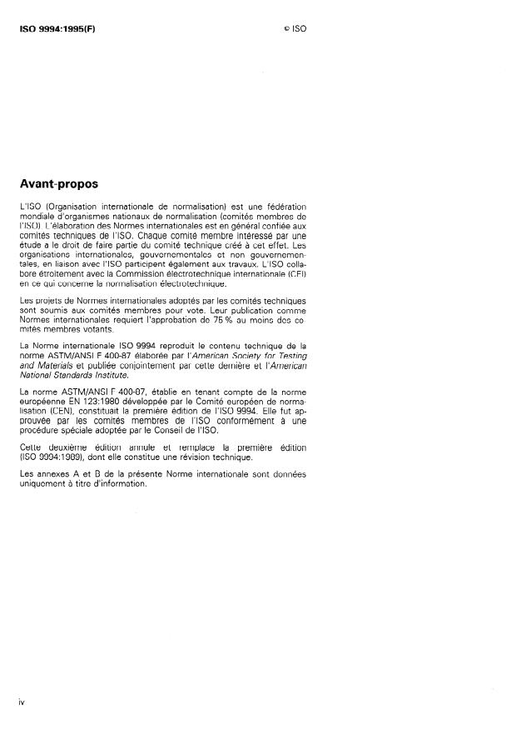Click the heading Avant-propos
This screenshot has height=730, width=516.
(58, 184)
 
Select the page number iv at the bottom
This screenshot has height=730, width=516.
(22, 702)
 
